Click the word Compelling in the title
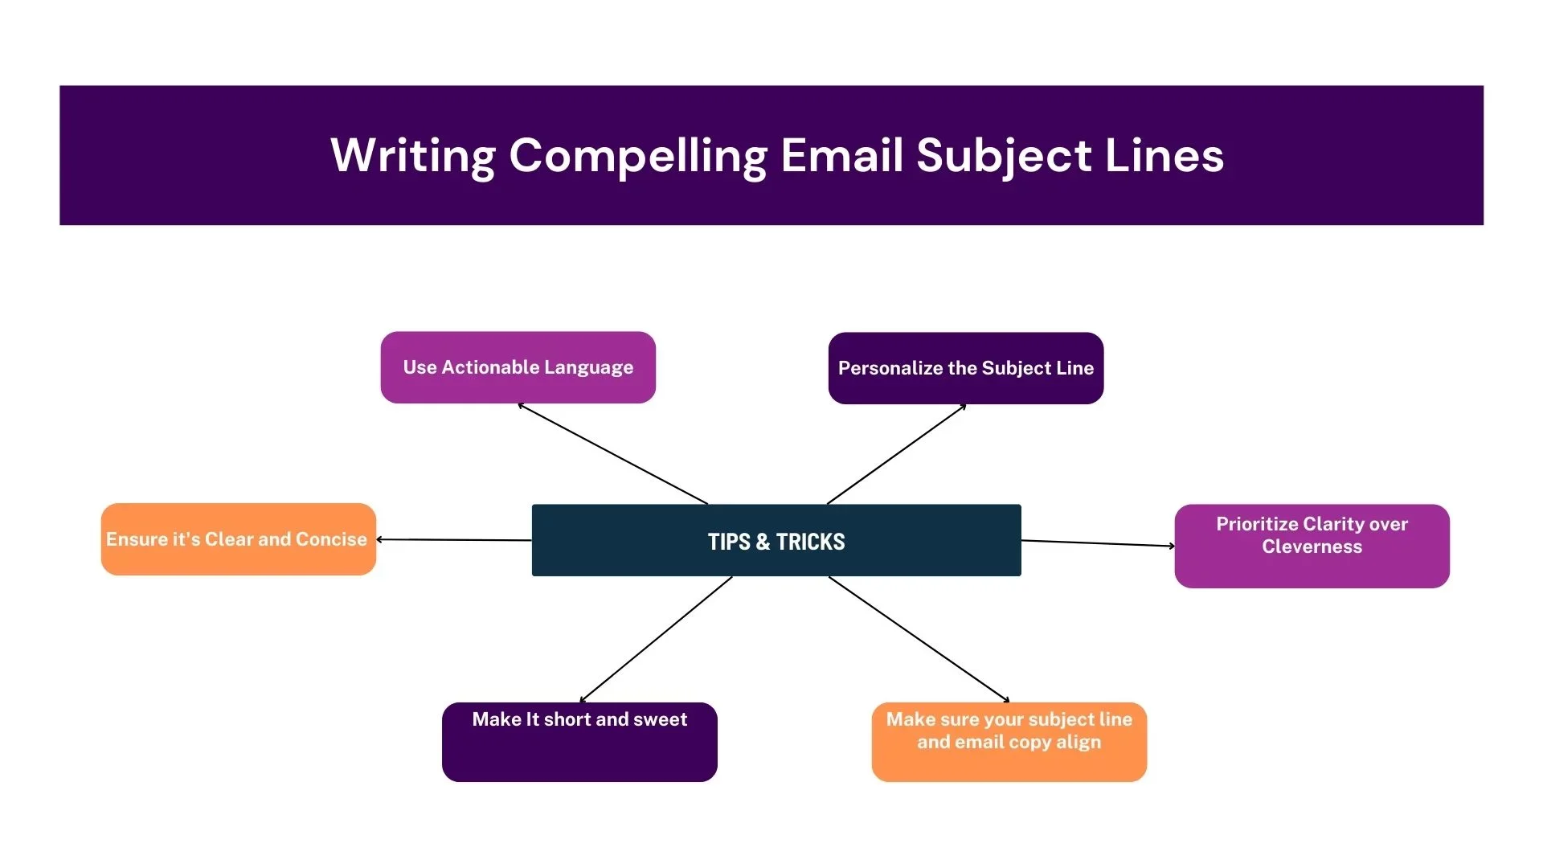pos(638,155)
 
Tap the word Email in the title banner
pos(841,155)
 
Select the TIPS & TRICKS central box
pos(776,541)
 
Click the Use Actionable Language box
pos(518,367)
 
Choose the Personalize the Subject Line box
pos(966,368)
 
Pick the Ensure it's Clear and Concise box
pos(238,539)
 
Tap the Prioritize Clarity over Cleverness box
pos(1312,546)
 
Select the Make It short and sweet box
pos(579,741)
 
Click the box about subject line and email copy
pos(1009,741)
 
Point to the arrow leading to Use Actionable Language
pos(613,454)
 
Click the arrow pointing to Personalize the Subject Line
pos(896,454)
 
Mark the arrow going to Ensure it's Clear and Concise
pos(454,540)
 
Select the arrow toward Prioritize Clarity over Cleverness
pos(1098,543)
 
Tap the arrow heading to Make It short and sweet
pos(656,640)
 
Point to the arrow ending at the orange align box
pos(919,640)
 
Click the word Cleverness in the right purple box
pos(1312,547)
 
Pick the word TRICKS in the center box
pos(810,542)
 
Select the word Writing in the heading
pos(413,155)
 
